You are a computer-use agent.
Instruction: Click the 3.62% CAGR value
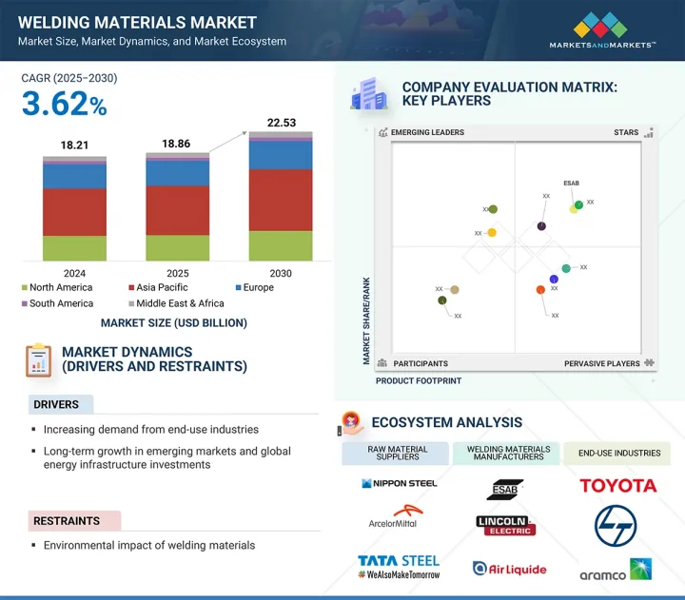(x=64, y=104)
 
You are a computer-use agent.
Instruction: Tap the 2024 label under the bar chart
(x=74, y=273)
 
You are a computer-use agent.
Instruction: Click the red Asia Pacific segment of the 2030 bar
(x=280, y=200)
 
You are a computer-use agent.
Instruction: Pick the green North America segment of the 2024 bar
(x=74, y=247)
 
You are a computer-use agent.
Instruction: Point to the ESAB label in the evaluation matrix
(x=571, y=183)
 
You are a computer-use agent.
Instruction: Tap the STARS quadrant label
(x=626, y=133)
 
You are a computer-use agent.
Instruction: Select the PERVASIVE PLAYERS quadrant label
(x=602, y=363)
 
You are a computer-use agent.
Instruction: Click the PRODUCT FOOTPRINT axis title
(x=419, y=380)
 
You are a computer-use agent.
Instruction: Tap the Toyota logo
(x=618, y=486)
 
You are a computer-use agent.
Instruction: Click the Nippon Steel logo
(x=400, y=484)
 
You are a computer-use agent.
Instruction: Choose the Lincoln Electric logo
(x=506, y=525)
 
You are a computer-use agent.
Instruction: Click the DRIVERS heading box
(x=61, y=405)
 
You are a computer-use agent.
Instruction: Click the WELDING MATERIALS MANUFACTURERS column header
(x=508, y=453)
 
